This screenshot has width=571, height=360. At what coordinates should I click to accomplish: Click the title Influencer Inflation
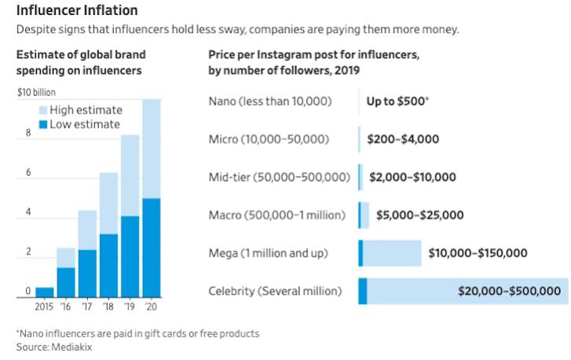coord(76,11)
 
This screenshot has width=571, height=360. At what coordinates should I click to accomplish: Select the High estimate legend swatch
coord(43,109)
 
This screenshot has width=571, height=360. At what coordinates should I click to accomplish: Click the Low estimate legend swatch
coord(43,124)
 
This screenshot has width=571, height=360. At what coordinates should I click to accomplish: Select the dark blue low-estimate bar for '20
coord(151,248)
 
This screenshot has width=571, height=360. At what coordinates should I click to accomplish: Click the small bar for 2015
coord(45,293)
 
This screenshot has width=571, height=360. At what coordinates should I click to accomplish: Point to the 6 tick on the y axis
coord(27,172)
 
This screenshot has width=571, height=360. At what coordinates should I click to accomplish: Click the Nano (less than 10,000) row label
coord(269,101)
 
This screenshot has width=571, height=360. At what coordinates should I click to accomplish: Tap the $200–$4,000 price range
coord(403,139)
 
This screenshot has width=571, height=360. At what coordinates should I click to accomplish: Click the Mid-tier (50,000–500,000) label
coord(279,177)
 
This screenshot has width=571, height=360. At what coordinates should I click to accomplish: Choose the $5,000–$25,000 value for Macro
coord(419,215)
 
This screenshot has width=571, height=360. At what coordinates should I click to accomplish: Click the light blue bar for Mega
coord(393,253)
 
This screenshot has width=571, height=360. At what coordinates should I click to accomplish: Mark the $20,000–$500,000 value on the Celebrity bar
coord(509,291)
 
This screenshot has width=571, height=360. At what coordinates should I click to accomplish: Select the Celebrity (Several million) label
coord(275,291)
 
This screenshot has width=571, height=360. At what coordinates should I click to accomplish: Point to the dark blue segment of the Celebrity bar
coord(363,291)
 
